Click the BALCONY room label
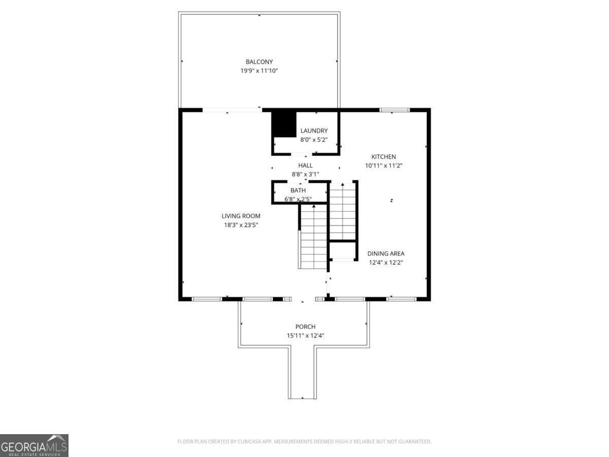259,62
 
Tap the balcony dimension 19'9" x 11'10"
259,71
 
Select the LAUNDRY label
314,130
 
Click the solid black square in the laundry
284,124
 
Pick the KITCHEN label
383,157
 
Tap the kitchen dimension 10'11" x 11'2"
383,166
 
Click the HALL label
305,166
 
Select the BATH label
298,190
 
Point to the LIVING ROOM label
241,216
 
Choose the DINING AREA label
386,253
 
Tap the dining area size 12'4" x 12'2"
386,263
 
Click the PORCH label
305,327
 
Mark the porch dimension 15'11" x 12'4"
305,335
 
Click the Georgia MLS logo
34,445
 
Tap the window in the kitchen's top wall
395,110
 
